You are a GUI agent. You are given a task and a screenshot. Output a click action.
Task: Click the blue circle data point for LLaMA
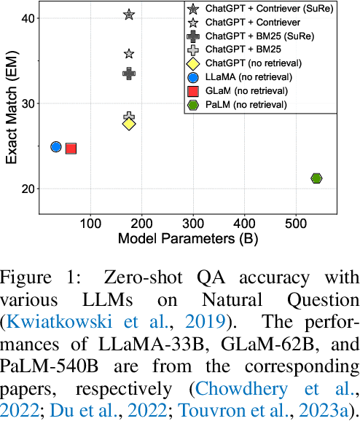tap(56, 147)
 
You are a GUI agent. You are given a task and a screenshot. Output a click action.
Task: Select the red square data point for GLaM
tap(71, 149)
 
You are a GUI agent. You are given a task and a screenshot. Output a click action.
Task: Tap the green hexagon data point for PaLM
tap(316, 178)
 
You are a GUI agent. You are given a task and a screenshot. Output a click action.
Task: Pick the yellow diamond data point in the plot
tap(129, 124)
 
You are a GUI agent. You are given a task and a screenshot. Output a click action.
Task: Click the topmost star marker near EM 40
tap(129, 15)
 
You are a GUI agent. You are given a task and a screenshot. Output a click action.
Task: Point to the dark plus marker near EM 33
tap(129, 73)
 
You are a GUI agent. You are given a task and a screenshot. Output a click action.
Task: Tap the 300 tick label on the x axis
tap(192, 220)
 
